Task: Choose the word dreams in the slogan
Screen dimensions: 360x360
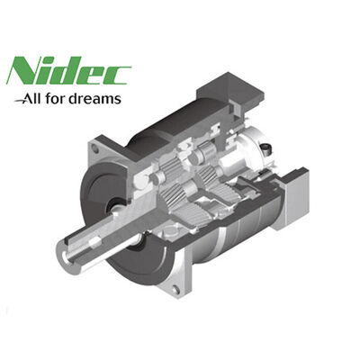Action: tap(99, 98)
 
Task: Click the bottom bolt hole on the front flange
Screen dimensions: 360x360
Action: tap(173, 288)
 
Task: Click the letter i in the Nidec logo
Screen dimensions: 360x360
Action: tap(50, 74)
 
